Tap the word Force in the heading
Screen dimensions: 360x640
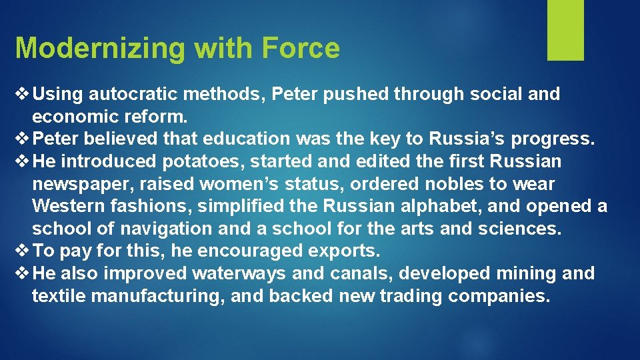click(301, 49)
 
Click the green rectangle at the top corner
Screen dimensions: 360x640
click(565, 30)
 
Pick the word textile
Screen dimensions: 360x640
click(58, 296)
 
